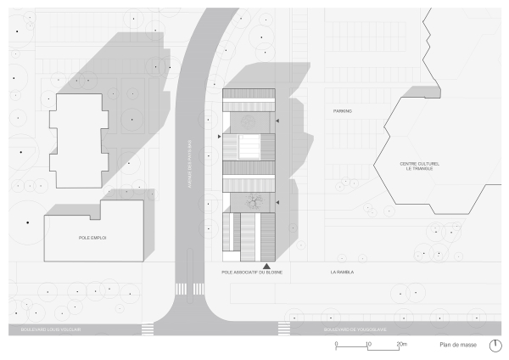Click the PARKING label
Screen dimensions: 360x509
click(342, 111)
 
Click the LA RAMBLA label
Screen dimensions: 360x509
click(342, 273)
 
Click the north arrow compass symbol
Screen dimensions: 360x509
click(495, 345)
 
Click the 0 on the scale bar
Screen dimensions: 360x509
click(336, 344)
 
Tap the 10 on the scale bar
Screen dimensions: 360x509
click(368, 344)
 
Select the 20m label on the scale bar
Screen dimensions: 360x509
click(403, 344)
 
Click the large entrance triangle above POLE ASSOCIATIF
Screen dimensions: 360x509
click(267, 266)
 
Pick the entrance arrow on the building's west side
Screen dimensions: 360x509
click(220, 136)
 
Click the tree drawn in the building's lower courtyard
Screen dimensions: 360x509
click(253, 202)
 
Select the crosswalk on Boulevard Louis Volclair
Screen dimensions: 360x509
click(148, 328)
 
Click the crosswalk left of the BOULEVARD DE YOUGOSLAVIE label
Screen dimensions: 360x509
click(284, 328)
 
